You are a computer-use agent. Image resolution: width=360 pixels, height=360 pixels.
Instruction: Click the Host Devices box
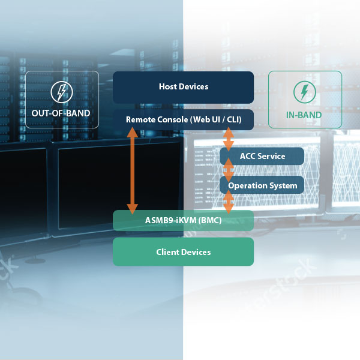click(x=183, y=87)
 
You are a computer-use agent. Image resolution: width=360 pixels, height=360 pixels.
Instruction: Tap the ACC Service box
click(x=262, y=156)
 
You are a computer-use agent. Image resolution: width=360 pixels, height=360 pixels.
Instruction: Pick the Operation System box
click(x=262, y=185)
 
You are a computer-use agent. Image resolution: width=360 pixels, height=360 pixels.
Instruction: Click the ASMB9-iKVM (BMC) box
click(x=183, y=220)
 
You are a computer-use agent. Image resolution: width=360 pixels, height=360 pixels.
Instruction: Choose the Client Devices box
click(x=183, y=252)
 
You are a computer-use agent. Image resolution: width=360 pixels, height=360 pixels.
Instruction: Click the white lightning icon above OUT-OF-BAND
click(x=61, y=92)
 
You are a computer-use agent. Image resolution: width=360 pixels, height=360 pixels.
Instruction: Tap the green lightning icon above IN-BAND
click(x=304, y=92)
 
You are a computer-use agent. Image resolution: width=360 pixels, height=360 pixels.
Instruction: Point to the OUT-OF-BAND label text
click(x=61, y=113)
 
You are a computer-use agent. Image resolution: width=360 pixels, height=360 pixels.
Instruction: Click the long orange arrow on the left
click(x=132, y=171)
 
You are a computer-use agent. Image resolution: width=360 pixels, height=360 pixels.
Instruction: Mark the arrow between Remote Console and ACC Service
click(x=228, y=139)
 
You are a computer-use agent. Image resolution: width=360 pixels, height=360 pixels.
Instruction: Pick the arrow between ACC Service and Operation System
click(x=228, y=170)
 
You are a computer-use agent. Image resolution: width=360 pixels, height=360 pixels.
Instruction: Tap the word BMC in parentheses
click(x=210, y=220)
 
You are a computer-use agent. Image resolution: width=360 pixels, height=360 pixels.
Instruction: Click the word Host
click(x=168, y=87)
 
